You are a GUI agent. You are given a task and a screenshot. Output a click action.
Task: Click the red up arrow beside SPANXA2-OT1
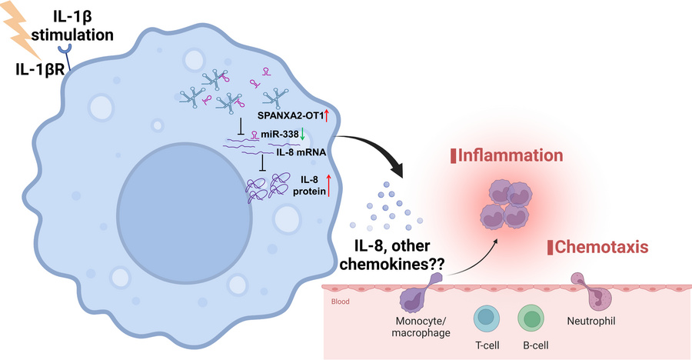tap(327, 116)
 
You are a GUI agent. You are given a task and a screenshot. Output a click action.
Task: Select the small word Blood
tap(340, 302)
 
